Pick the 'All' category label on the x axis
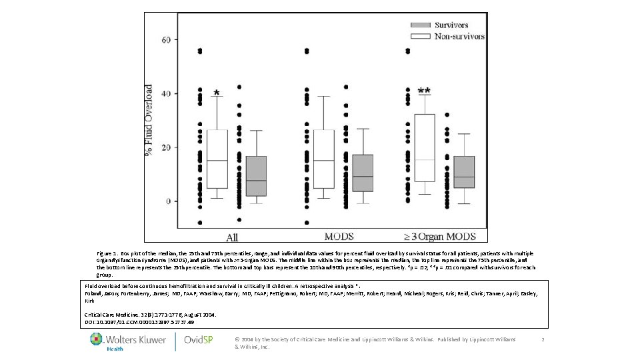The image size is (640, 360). pos(232,237)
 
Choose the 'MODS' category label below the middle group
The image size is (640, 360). pos(339,236)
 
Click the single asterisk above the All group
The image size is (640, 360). pos(216,94)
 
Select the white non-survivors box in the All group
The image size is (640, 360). pos(217,159)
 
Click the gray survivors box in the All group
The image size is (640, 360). pos(256,176)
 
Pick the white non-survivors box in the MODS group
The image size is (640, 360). pos(323,159)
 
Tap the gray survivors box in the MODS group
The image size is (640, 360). pos(363,173)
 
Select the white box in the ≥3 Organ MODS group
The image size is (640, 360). pos(424,148)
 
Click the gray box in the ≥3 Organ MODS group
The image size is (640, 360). pos(463,172)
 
